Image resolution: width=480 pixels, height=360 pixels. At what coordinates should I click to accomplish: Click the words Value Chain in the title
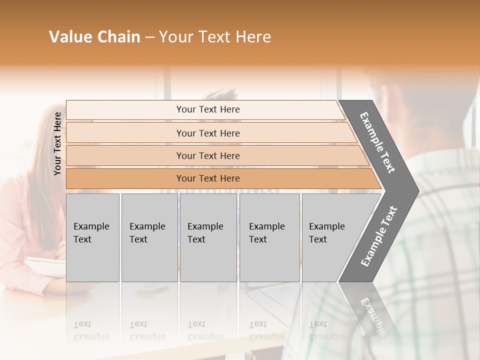point(94,37)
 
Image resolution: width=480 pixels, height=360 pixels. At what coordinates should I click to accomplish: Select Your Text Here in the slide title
point(215,37)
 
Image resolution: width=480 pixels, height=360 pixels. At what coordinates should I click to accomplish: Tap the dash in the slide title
point(149,37)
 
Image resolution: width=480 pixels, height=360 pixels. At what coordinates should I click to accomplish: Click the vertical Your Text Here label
point(57,143)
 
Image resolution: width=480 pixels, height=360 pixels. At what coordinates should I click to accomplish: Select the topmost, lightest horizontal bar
point(207,109)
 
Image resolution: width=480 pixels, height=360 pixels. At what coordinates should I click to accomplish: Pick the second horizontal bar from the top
point(207,133)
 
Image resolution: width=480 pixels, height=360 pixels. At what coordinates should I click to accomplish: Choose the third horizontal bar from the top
point(207,155)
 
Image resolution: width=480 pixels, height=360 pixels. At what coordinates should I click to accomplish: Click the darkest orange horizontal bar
point(207,178)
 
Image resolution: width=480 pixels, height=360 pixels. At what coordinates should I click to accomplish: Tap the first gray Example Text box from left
point(92,237)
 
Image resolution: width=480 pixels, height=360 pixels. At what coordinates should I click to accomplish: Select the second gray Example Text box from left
point(149,237)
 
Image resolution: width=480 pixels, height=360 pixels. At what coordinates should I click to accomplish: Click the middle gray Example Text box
point(208,237)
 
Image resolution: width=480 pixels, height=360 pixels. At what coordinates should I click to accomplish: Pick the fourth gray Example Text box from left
point(269,237)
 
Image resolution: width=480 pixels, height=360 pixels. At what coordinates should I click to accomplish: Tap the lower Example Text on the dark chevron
point(379,236)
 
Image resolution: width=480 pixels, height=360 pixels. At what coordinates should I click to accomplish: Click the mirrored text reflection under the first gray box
point(91,330)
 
